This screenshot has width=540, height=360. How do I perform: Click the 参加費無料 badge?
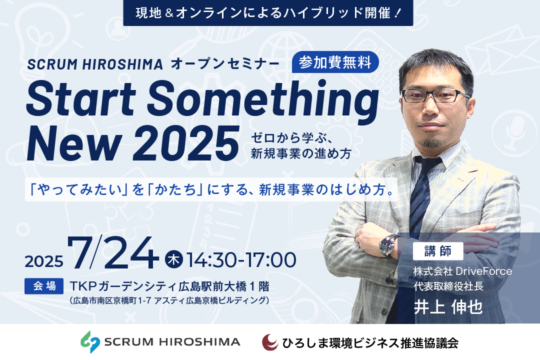(x=335, y=62)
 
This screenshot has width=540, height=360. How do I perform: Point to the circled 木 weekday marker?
(x=173, y=259)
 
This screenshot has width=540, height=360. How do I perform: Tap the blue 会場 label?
(x=44, y=286)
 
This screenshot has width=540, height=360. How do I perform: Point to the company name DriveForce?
(x=484, y=271)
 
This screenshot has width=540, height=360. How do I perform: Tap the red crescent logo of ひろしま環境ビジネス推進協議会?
(x=270, y=342)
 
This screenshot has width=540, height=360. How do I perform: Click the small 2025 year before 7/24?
(x=44, y=261)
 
